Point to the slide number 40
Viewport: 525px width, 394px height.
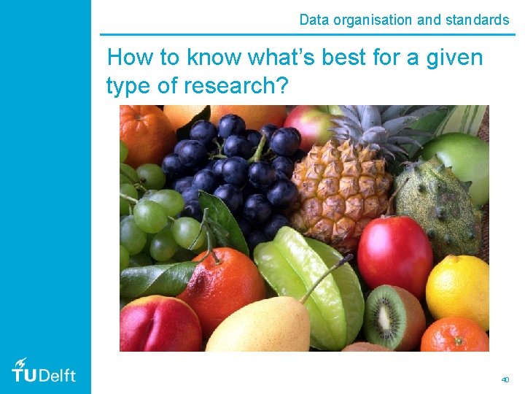pyautogui.click(x=505, y=379)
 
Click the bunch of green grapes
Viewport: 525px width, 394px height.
pyautogui.click(x=153, y=219)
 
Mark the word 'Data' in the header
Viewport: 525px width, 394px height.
pyautogui.click(x=314, y=20)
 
